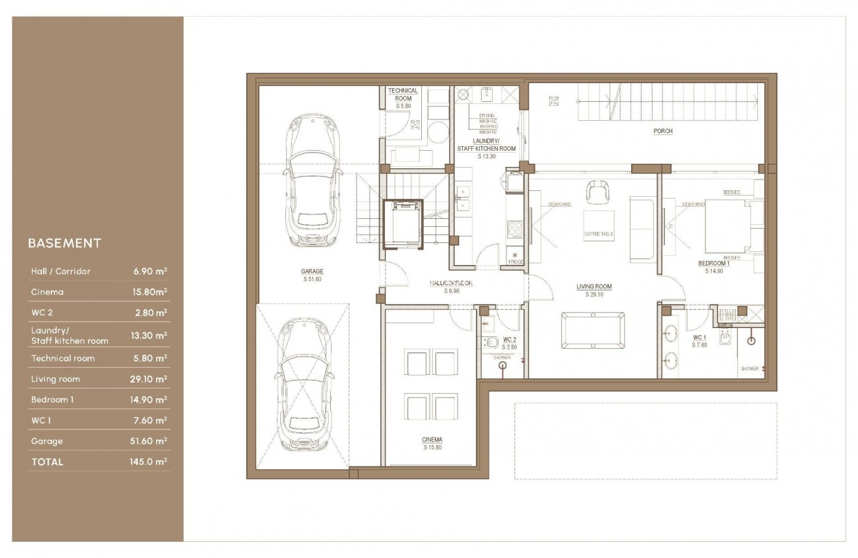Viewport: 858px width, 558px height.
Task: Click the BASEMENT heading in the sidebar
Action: [64, 244]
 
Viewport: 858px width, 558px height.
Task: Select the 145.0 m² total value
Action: [149, 462]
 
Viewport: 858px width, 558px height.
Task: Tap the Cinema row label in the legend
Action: [47, 292]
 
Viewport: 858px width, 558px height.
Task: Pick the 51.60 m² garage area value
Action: [149, 441]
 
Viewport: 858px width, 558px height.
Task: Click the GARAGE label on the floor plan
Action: [312, 272]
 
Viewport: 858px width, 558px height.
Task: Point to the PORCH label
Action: [663, 131]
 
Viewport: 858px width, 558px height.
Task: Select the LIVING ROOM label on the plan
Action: [593, 286]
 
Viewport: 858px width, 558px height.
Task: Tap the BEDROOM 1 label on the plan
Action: [714, 264]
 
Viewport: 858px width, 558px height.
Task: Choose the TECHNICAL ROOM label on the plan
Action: [403, 94]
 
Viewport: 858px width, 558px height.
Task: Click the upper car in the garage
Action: [313, 181]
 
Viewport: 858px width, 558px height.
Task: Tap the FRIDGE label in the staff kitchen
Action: [515, 262]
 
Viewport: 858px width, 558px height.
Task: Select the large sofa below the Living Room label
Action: [594, 331]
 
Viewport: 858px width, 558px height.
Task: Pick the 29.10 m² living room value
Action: [149, 379]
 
